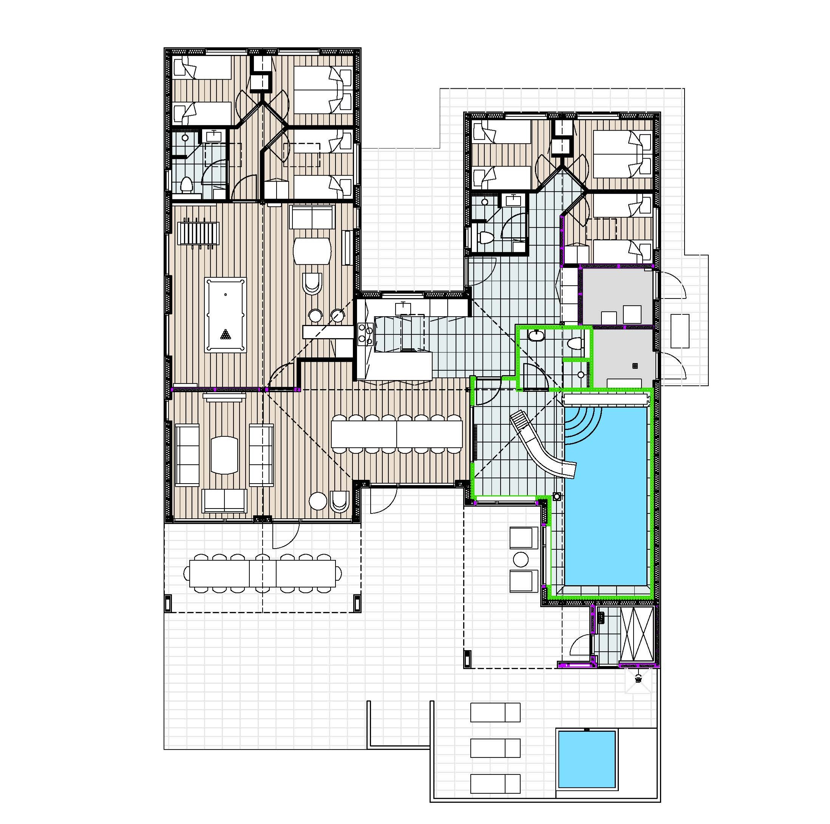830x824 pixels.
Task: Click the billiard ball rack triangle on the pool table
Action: [x=225, y=334]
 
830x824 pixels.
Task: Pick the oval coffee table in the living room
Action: [x=224, y=455]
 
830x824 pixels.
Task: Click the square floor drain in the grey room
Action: [x=635, y=366]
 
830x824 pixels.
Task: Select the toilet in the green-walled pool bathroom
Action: [x=575, y=343]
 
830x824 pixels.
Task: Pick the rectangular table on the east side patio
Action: [x=680, y=331]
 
